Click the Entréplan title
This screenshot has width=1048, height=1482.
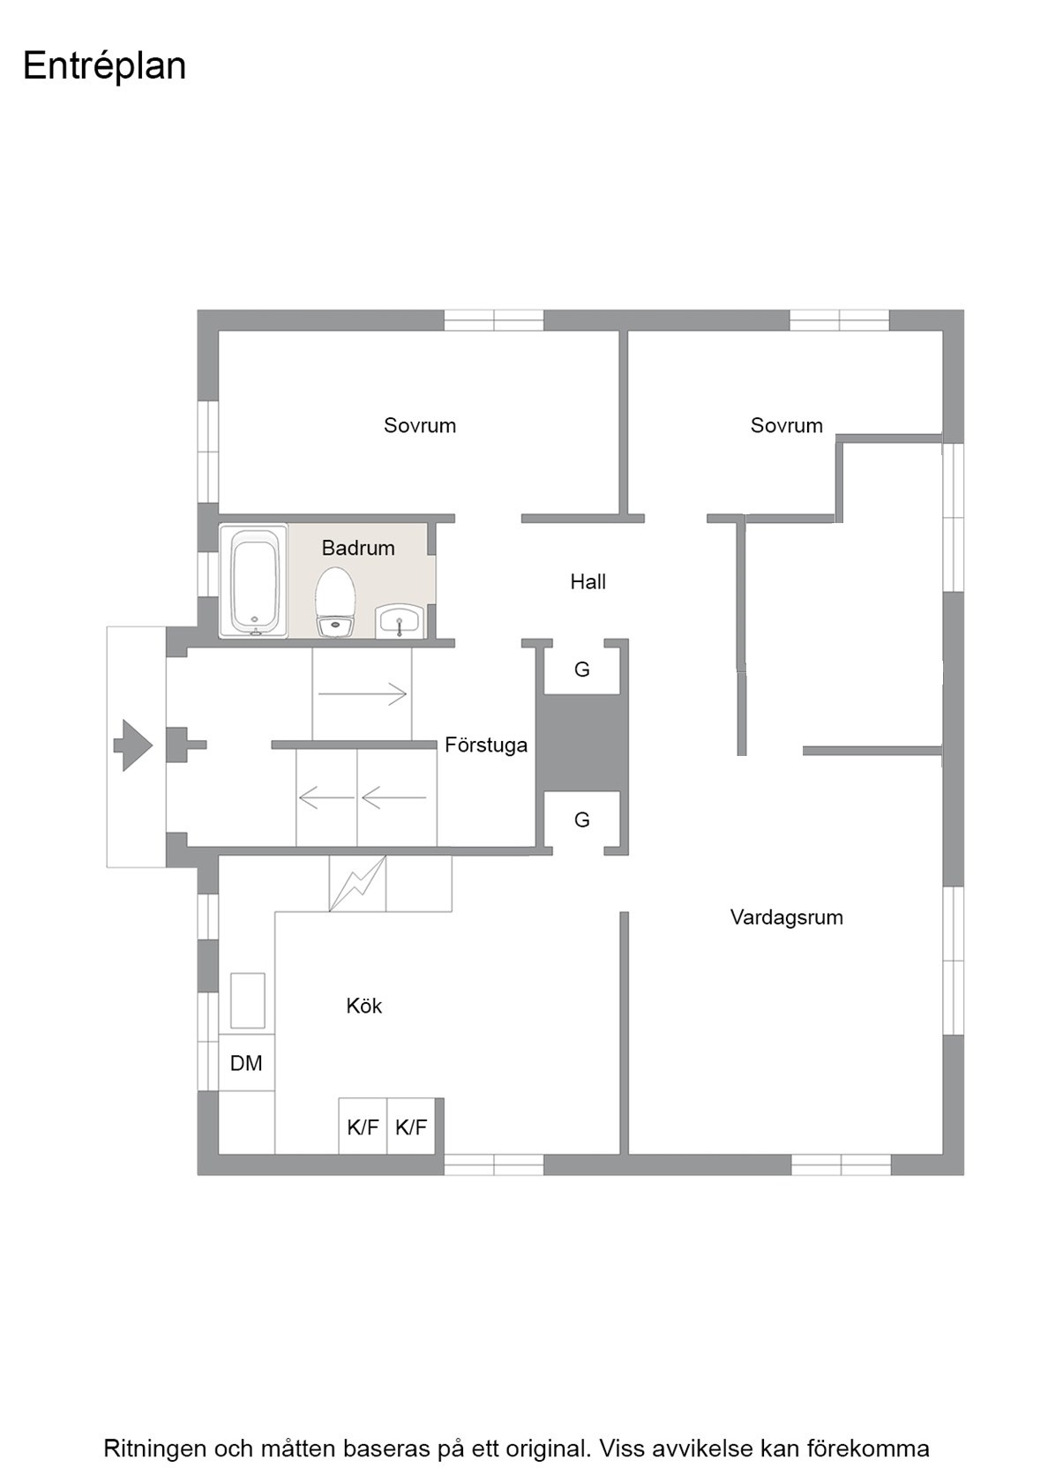(104, 67)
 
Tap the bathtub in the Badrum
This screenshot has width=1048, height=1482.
(253, 580)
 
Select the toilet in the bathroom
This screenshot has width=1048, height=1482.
(335, 602)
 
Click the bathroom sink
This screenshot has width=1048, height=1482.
(399, 621)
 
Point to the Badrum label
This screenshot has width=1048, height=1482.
(358, 548)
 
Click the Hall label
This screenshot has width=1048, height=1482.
(588, 581)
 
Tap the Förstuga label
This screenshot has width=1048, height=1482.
(485, 745)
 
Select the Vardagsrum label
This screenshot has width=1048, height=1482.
(786, 917)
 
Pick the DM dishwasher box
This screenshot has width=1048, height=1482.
(247, 1062)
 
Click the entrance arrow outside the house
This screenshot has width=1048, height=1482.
(133, 745)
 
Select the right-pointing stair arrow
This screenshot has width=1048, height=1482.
(362, 694)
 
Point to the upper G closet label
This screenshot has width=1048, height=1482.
(581, 670)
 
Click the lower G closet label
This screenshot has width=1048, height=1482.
(581, 820)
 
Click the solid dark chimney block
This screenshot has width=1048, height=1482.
(581, 743)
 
